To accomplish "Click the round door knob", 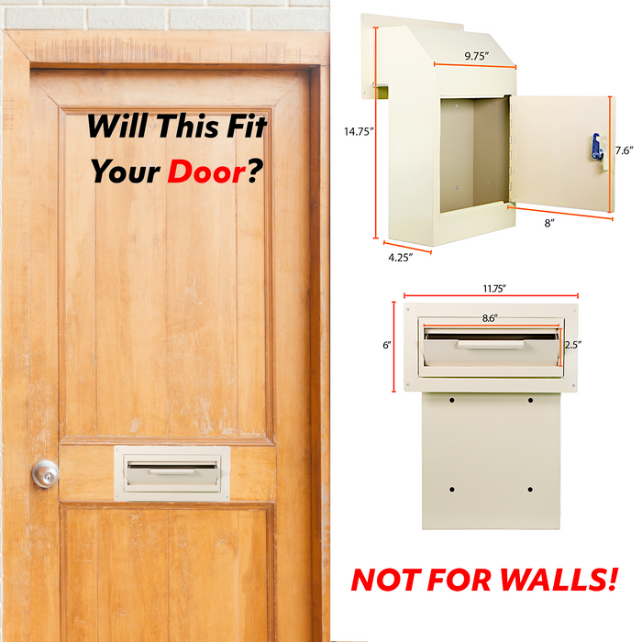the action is [46, 474].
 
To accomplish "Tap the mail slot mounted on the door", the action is [172, 473].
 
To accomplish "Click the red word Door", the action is [206, 172].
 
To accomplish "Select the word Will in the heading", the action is [117, 126].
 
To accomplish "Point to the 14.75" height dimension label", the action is [359, 131].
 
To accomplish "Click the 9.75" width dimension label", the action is [477, 56].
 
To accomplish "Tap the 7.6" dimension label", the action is [624, 150].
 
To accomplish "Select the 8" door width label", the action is [549, 223].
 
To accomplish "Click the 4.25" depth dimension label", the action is [400, 258].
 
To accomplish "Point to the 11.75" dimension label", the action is [494, 289].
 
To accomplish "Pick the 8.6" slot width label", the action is [490, 318].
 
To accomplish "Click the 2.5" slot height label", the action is [573, 345].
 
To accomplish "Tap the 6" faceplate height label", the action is [387, 345].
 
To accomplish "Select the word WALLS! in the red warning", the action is [559, 580].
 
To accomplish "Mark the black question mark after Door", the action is [254, 171].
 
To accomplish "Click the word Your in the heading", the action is [125, 172].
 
